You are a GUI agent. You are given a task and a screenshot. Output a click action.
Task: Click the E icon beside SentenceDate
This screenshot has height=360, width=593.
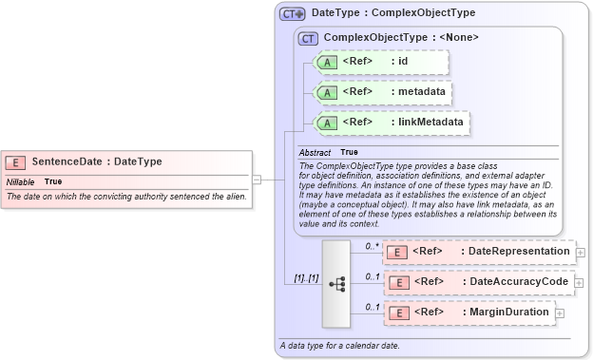(x=16, y=161)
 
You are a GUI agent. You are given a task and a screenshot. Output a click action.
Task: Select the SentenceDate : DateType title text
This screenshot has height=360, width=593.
(x=96, y=161)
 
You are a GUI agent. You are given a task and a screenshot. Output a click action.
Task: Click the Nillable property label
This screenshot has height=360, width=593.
(x=21, y=180)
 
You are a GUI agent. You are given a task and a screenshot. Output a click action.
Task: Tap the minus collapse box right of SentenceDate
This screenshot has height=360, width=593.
(x=257, y=180)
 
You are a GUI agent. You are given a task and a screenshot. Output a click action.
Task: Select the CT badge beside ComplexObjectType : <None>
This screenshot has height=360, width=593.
(x=308, y=38)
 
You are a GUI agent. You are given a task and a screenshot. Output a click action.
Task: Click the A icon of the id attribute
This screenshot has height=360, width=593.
(x=327, y=62)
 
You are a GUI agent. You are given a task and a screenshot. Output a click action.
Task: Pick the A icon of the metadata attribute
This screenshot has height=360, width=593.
(x=327, y=93)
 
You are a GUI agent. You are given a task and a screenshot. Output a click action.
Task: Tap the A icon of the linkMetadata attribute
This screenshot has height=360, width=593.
(x=327, y=123)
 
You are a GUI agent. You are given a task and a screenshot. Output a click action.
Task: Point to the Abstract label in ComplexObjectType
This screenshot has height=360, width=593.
(x=315, y=152)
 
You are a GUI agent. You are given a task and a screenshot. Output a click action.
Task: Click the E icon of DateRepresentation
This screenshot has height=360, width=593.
(x=399, y=252)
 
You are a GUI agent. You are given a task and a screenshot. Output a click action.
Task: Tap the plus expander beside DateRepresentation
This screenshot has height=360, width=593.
(x=580, y=253)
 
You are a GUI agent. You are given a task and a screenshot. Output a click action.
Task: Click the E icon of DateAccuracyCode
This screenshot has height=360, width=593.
(x=399, y=282)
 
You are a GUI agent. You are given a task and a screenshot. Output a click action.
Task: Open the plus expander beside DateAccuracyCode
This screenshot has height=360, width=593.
(x=580, y=283)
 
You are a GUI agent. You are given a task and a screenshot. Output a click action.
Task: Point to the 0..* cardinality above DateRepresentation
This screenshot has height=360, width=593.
(x=373, y=245)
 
